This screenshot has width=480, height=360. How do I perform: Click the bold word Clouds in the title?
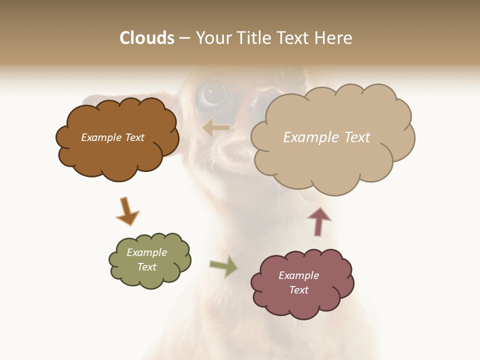click(x=147, y=38)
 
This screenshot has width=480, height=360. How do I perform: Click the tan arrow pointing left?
click(x=216, y=128)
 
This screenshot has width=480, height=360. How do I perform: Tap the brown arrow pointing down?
click(x=127, y=211)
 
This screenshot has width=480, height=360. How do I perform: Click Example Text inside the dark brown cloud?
click(x=112, y=137)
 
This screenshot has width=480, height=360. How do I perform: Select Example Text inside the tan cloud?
click(x=326, y=137)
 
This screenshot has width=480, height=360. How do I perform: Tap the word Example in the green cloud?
click(x=146, y=252)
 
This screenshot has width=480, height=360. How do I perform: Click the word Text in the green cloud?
click(x=146, y=267)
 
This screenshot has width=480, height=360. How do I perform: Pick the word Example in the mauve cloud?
click(x=298, y=275)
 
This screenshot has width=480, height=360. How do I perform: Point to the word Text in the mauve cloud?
click(x=298, y=290)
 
